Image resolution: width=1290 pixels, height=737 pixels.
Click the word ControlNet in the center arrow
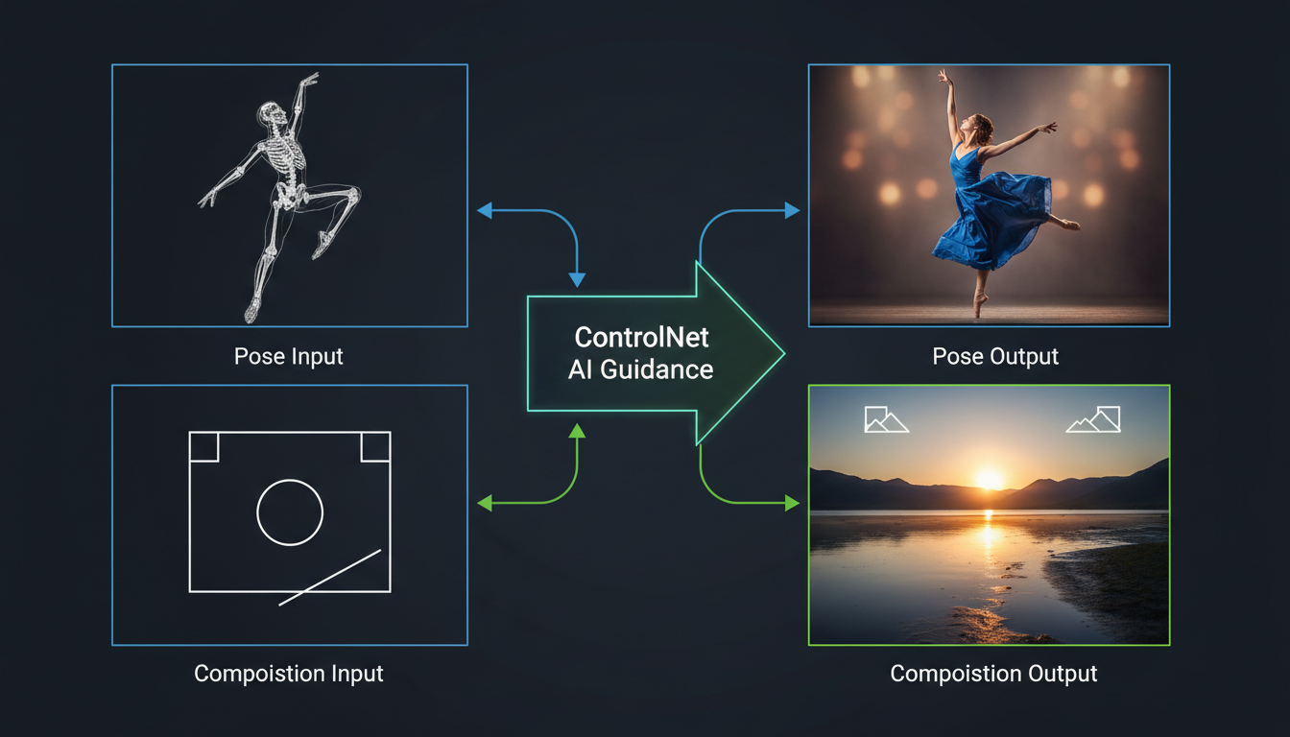pos(640,338)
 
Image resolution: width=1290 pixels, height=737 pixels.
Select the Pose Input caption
pos(289,356)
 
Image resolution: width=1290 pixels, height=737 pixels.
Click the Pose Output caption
pos(995,356)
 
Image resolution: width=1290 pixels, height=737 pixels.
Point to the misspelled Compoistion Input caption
pos(289,674)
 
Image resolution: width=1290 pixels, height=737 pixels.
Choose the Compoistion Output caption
pos(993,674)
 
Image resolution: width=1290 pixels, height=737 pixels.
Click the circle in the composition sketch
pos(290,512)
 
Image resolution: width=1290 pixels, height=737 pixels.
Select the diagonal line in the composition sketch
pos(330,577)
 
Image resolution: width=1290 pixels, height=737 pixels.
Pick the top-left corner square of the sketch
pos(203,446)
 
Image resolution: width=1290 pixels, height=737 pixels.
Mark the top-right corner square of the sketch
pos(375,446)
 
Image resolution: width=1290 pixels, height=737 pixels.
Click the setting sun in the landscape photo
pos(989,477)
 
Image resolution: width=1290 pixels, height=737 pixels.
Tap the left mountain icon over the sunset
pos(886,419)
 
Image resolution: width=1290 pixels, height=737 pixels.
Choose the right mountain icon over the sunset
pos(1094,419)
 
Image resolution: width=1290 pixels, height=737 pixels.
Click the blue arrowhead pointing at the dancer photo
pos(792,210)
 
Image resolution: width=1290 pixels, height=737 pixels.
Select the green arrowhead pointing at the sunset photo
pos(792,503)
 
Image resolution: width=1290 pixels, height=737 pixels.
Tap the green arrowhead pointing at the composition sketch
pos(485,503)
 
